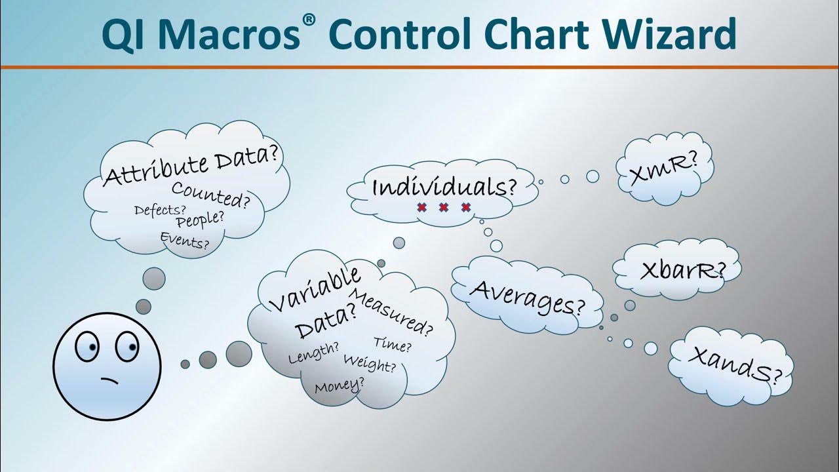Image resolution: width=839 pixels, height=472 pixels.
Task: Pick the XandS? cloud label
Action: click(735, 364)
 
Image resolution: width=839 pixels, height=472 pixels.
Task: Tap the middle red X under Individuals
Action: click(444, 208)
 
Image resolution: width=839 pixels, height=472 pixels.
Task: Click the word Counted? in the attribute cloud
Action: click(210, 194)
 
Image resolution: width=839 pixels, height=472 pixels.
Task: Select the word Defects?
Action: click(160, 210)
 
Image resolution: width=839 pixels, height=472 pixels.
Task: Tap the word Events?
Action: click(185, 242)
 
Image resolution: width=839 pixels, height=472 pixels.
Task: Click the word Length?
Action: click(313, 353)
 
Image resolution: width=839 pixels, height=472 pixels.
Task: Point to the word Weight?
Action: click(370, 363)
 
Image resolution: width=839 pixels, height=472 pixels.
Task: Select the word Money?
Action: click(339, 385)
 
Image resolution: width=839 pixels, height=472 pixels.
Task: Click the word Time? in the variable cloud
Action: click(393, 343)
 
